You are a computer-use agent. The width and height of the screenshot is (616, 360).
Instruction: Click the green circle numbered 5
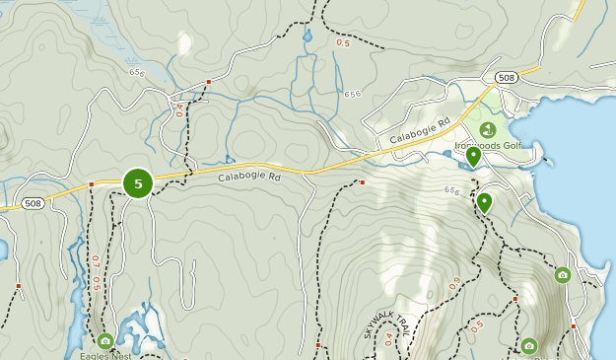(x=138, y=182)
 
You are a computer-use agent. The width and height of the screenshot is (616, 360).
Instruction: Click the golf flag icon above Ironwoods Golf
(x=487, y=129)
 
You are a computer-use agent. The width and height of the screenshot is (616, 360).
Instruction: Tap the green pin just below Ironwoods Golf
(x=473, y=157)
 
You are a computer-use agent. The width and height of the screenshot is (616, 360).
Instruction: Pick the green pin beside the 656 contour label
(x=484, y=203)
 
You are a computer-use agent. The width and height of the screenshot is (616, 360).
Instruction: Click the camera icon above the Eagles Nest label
(x=105, y=341)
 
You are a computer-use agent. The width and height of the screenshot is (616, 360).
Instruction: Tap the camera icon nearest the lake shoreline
(x=562, y=275)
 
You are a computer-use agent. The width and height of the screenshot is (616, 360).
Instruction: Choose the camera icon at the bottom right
(x=529, y=345)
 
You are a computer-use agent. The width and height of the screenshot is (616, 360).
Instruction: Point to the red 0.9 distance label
(x=454, y=284)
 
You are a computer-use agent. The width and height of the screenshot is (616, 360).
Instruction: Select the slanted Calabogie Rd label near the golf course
(x=419, y=129)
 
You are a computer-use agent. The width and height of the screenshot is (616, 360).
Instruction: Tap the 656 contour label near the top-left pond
(x=137, y=71)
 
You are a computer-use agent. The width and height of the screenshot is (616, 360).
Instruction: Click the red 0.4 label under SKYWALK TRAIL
(x=388, y=339)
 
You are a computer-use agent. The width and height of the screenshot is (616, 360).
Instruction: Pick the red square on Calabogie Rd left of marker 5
(x=91, y=184)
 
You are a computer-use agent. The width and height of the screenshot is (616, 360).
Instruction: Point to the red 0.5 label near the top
(x=343, y=42)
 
